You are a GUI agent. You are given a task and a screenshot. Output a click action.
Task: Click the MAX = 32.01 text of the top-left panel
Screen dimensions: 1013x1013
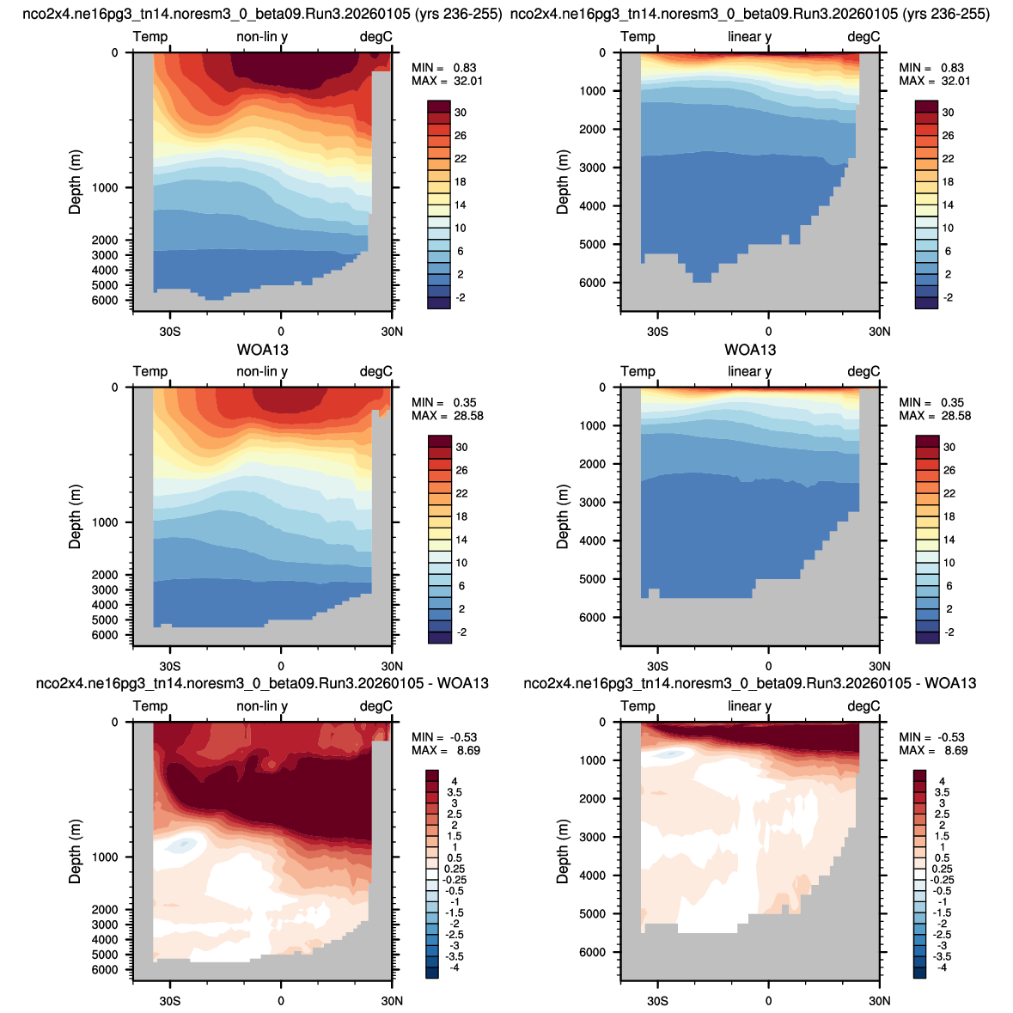tap(447, 82)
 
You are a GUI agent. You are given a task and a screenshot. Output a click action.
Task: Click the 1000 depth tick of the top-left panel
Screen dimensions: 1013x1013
tap(105, 188)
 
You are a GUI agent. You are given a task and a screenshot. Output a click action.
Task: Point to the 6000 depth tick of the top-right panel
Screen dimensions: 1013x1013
tap(593, 283)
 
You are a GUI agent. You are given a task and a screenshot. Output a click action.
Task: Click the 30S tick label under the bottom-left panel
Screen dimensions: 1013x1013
tap(170, 1001)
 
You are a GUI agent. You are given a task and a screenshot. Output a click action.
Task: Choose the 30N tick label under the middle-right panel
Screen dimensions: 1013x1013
tap(879, 666)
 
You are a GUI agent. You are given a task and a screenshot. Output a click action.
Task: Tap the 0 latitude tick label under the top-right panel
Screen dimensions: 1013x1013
tap(768, 332)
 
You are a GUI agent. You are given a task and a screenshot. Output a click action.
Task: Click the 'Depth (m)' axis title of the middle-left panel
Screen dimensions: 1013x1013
tap(75, 517)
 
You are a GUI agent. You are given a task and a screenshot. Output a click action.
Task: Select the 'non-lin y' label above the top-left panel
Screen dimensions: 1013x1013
tap(262, 37)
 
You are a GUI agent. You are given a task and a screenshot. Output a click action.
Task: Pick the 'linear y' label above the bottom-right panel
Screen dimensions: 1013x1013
tap(749, 706)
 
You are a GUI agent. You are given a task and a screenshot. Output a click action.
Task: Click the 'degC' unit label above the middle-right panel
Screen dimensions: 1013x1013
tap(863, 371)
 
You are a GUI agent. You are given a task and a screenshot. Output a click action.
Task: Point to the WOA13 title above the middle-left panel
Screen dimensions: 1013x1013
tap(262, 350)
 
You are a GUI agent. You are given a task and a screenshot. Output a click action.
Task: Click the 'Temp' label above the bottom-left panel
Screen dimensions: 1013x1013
tap(150, 706)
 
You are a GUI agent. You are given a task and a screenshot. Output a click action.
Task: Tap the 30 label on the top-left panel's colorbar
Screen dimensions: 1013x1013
tap(460, 113)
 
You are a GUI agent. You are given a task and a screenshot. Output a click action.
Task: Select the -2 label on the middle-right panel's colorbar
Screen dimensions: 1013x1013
tap(949, 632)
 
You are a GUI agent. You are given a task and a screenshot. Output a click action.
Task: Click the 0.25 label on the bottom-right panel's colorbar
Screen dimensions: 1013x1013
tap(943, 869)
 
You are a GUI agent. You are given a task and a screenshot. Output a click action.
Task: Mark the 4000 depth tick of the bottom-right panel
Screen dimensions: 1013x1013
tap(593, 876)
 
